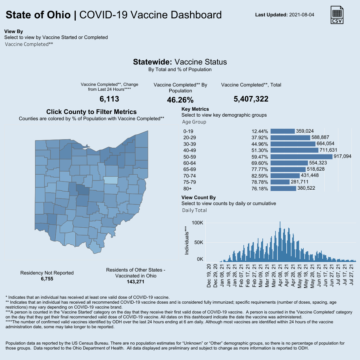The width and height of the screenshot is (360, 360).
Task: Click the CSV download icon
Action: tap(337, 15)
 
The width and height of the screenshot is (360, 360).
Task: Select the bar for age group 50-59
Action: tap(302, 157)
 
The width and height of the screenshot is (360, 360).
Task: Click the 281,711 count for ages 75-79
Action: tap(299, 182)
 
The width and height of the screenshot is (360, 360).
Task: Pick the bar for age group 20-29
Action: tap(290, 138)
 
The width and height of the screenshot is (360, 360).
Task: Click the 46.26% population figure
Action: tap(180, 100)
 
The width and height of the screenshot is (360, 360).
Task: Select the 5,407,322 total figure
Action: tap(251, 99)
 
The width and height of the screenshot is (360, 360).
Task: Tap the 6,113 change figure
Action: tap(109, 99)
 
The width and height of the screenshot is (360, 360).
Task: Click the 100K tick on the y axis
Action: tap(198, 223)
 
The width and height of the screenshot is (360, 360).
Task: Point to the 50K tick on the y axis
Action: tap(199, 242)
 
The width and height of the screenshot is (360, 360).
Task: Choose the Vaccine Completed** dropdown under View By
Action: tap(29, 44)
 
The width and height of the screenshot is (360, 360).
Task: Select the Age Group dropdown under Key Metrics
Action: tap(194, 122)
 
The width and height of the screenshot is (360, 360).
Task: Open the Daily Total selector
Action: tap(195, 210)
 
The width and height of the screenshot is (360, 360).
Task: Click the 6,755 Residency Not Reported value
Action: tap(47, 279)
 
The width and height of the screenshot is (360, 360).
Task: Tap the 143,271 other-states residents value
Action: tap(136, 282)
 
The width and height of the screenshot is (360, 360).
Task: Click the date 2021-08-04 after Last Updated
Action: tap(302, 15)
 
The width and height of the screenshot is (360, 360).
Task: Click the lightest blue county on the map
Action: tap(111, 180)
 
